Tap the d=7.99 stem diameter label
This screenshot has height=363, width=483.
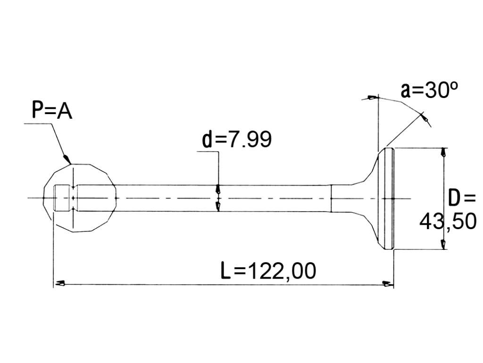coord(237,139)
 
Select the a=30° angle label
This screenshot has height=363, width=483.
coord(429,90)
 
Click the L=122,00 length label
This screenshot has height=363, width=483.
coord(268,271)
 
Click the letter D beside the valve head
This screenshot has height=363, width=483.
coord(454,198)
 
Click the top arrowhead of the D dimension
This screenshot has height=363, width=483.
coord(443,152)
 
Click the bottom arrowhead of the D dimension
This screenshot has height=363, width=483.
coord(443,244)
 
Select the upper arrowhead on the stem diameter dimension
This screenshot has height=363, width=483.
coord(218,189)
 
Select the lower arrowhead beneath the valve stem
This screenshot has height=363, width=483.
coord(218,207)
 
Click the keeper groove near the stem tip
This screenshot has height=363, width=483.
coord(73,198)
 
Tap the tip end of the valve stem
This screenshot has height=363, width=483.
coord(55,198)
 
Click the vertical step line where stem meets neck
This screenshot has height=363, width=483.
coord(331,198)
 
